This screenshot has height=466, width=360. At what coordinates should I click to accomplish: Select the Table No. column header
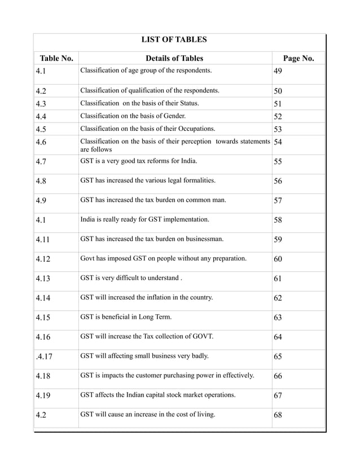click(x=56, y=58)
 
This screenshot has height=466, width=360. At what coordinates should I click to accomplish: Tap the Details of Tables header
click(x=174, y=58)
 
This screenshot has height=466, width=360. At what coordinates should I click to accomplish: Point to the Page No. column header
click(x=298, y=58)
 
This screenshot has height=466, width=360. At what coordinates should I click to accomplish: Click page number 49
click(x=278, y=72)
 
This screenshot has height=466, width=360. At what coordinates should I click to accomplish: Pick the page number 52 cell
click(x=278, y=116)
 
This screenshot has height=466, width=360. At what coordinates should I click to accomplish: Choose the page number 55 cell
click(x=278, y=162)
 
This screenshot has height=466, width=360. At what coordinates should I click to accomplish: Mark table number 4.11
click(x=42, y=240)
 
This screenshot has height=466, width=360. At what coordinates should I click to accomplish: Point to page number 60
click(x=278, y=260)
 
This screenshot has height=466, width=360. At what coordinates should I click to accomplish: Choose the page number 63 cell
click(x=278, y=318)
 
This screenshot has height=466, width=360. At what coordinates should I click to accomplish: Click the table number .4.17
click(x=43, y=357)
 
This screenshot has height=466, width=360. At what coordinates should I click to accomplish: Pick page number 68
click(x=278, y=416)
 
